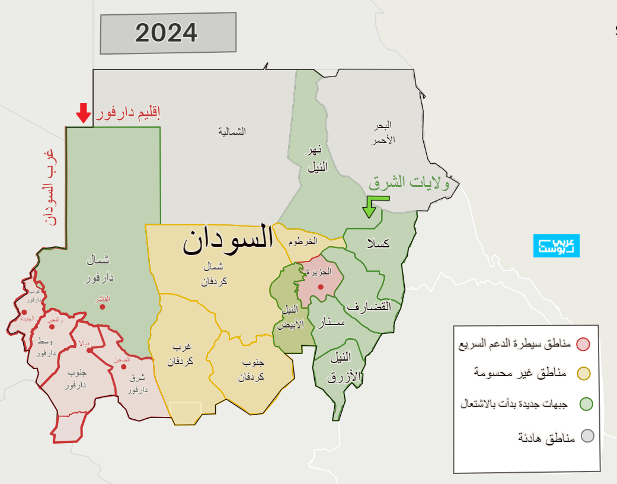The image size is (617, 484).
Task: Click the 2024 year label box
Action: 168,33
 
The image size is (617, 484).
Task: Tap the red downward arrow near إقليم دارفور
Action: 84,112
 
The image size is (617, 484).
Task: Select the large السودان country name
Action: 228,240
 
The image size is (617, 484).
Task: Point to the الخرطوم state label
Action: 303,242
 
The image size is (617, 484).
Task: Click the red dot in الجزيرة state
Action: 321,287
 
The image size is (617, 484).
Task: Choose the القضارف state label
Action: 369,307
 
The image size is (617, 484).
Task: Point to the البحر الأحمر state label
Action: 383,133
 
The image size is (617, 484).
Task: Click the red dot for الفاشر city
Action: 103,307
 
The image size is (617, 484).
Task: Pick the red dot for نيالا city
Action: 89,350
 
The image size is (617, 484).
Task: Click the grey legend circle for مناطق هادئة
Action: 587,436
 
